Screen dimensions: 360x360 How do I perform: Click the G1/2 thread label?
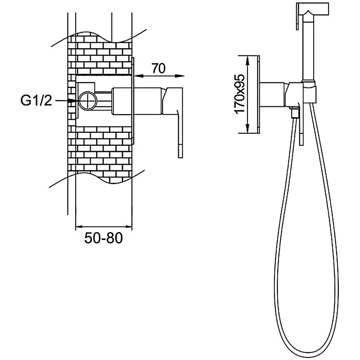36,100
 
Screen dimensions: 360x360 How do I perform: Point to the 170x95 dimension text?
240,94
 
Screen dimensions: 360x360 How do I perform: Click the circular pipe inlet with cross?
88,101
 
